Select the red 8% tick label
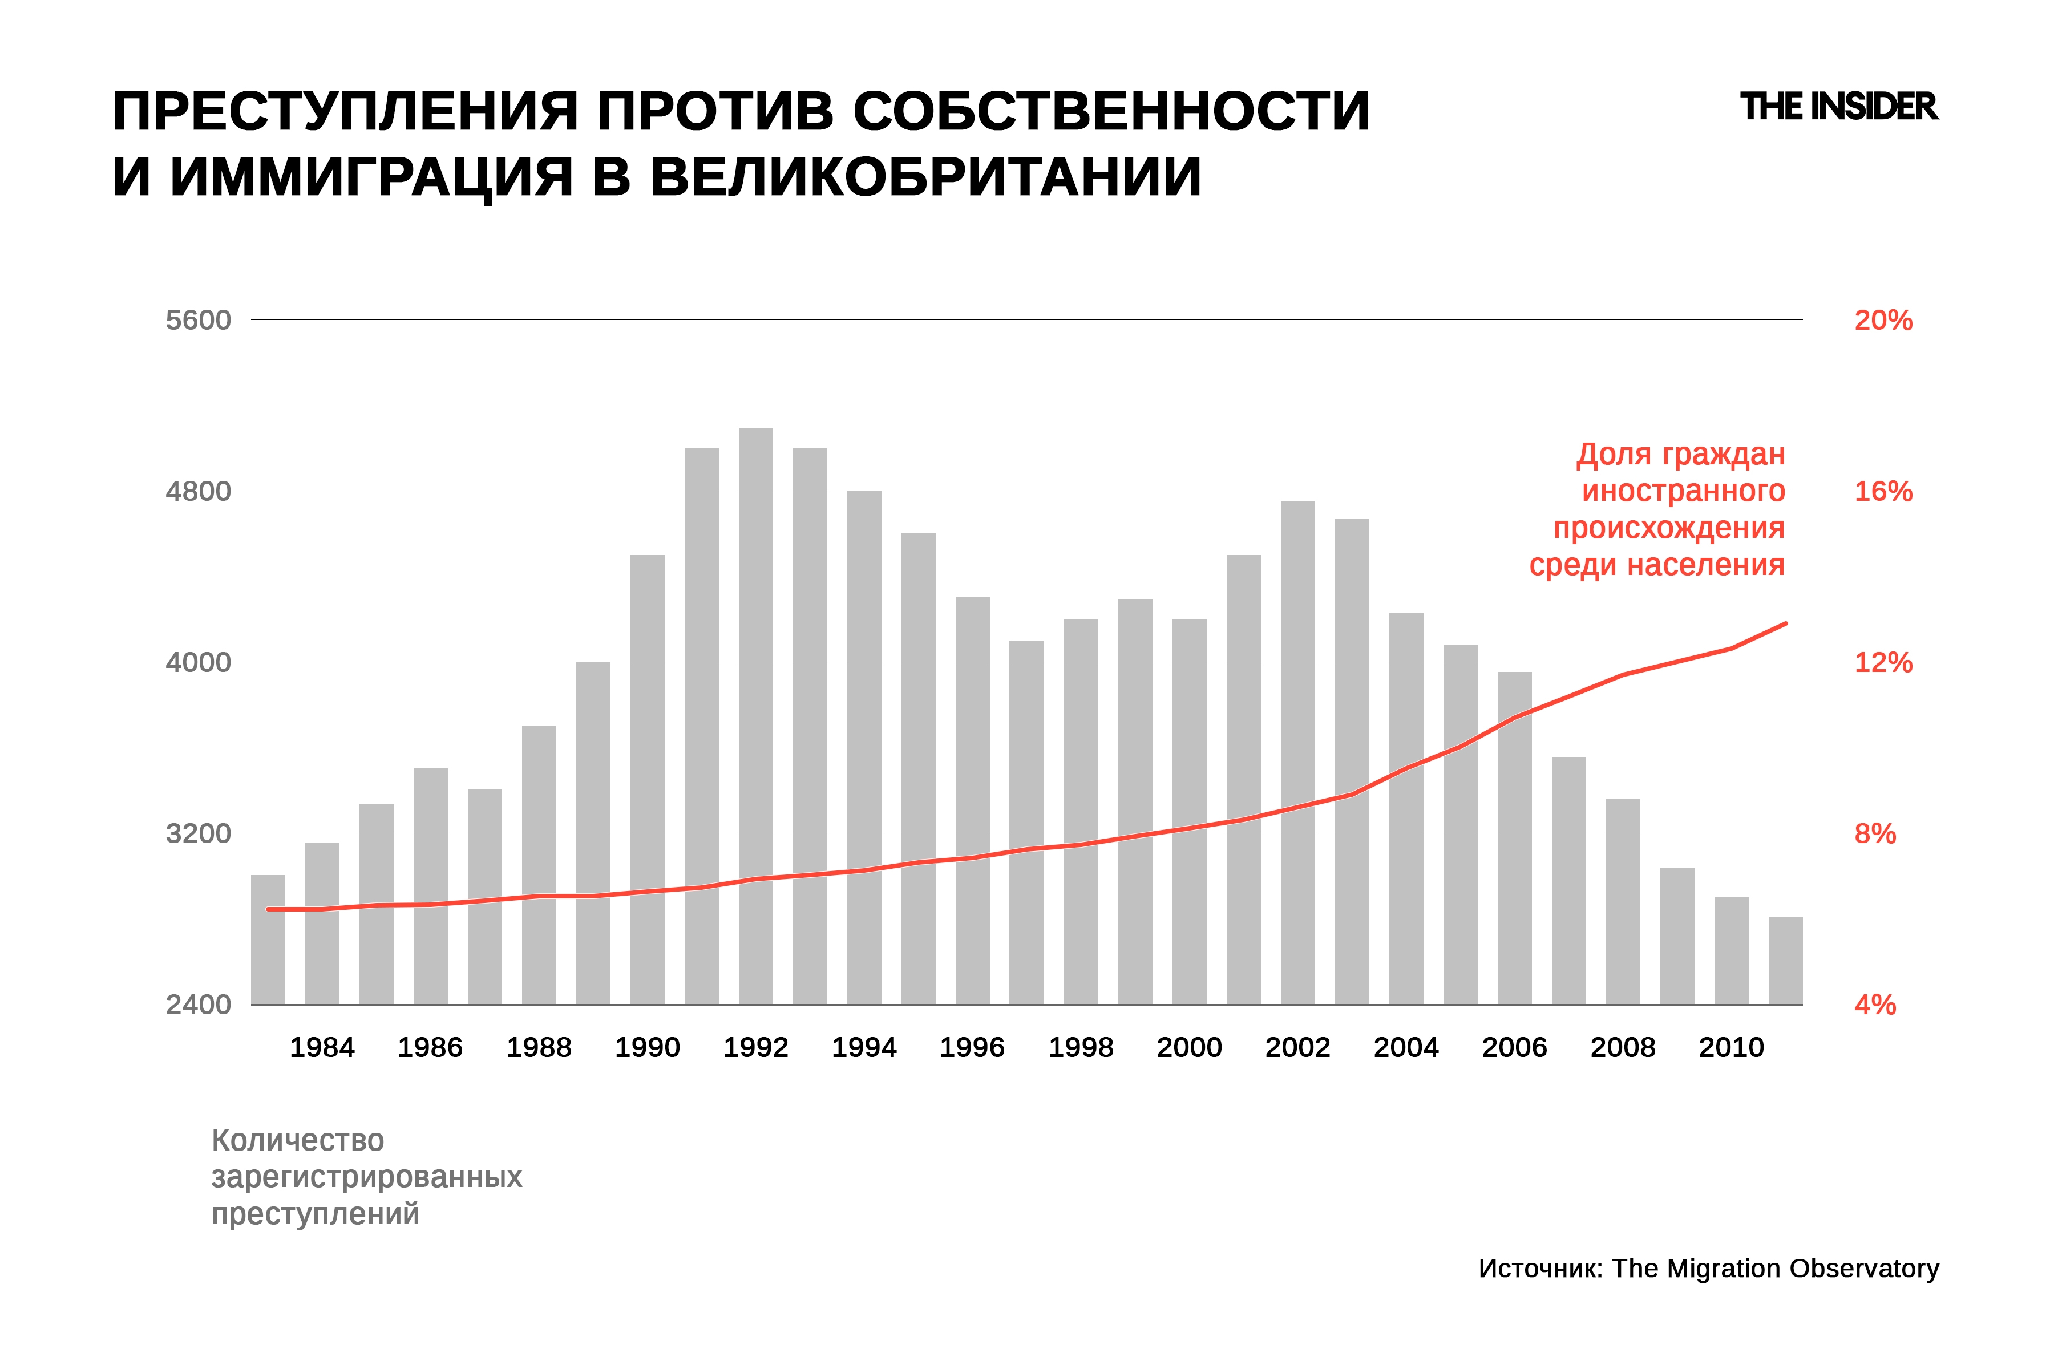(x=1874, y=834)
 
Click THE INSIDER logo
(x=1838, y=107)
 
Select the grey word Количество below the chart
(x=298, y=1140)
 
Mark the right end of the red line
(x=1785, y=624)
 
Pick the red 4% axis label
(x=1874, y=1005)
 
